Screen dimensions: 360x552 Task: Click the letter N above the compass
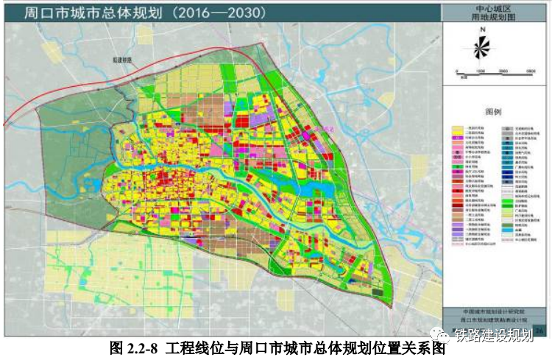pos(482,30)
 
